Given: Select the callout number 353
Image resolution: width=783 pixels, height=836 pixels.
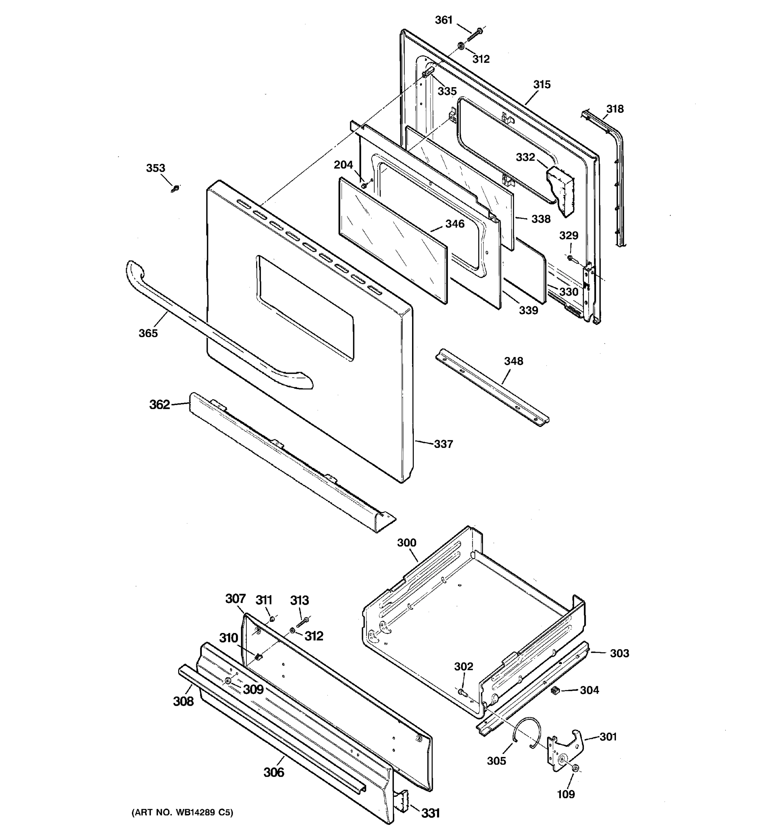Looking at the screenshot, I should (x=156, y=168).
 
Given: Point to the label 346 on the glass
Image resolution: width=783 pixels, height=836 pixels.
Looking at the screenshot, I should (x=455, y=224).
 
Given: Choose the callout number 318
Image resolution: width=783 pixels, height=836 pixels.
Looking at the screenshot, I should (x=615, y=109).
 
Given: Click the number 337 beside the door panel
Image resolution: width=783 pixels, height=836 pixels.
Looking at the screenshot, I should (x=443, y=444).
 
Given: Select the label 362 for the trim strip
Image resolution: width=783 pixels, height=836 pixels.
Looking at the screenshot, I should (x=160, y=404).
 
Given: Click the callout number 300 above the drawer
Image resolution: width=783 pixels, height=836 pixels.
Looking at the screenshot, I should (x=406, y=542).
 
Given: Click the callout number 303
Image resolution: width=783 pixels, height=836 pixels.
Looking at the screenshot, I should (x=619, y=653).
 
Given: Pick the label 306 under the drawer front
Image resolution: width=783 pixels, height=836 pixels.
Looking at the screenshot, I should (x=274, y=772).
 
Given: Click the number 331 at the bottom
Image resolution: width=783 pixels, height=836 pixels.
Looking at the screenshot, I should (x=430, y=813).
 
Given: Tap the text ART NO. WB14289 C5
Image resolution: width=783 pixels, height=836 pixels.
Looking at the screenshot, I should (x=182, y=812).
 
